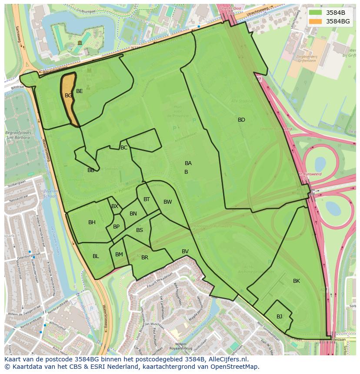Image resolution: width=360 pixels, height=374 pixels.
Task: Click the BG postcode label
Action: click(x=68, y=95)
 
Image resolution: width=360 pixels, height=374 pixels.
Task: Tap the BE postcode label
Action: click(x=80, y=91)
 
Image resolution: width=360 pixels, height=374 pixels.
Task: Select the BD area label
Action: click(x=241, y=120)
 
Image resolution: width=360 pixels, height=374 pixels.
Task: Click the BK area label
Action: click(x=297, y=281)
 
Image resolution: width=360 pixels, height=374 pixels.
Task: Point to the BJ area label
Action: click(x=279, y=316)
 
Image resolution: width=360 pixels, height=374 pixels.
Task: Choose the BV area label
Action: click(x=185, y=252)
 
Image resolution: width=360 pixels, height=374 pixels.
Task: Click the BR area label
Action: click(x=145, y=258)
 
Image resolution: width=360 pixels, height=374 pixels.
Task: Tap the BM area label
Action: click(x=119, y=255)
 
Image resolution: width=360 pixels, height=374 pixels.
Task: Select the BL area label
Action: click(x=96, y=256)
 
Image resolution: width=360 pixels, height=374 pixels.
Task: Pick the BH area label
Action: click(x=92, y=222)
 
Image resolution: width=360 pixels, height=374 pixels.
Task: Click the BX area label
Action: click(x=115, y=206)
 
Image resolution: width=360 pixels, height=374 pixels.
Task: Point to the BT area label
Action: click(x=147, y=199)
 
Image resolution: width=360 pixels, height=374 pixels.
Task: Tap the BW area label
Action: click(x=168, y=202)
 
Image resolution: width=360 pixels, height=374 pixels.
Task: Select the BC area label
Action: click(x=124, y=148)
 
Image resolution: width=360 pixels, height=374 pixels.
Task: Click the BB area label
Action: click(x=91, y=170)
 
